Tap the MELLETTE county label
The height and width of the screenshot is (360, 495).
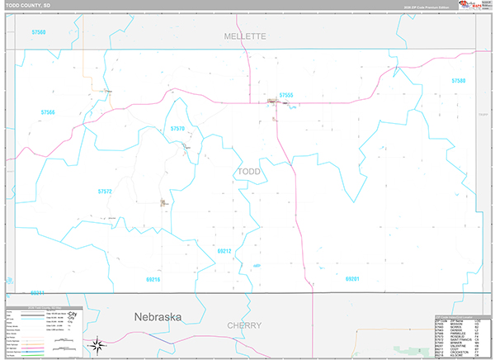click(x=246, y=36)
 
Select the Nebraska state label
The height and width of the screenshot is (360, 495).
click(x=163, y=316)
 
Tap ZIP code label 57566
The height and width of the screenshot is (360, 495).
click(x=47, y=112)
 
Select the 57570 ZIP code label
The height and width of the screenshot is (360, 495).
click(x=177, y=129)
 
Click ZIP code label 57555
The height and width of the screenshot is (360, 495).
click(x=286, y=95)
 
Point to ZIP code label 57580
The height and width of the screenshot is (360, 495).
click(x=458, y=80)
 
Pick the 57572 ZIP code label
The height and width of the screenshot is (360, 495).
click(x=104, y=191)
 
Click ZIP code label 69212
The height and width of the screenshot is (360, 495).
click(x=224, y=250)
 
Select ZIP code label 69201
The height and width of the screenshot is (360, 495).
click(x=353, y=279)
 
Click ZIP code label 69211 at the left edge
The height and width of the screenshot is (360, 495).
click(x=37, y=292)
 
